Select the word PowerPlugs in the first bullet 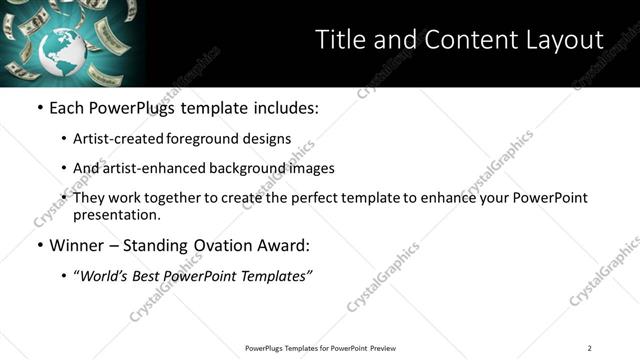click(x=134, y=108)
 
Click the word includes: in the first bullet click(x=283, y=108)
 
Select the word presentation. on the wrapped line click(x=117, y=214)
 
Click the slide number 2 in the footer click(x=589, y=348)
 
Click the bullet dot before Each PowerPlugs click(x=39, y=108)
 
